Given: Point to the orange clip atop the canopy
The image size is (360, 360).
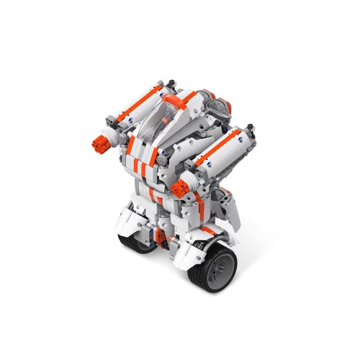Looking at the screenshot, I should click(x=171, y=100).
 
